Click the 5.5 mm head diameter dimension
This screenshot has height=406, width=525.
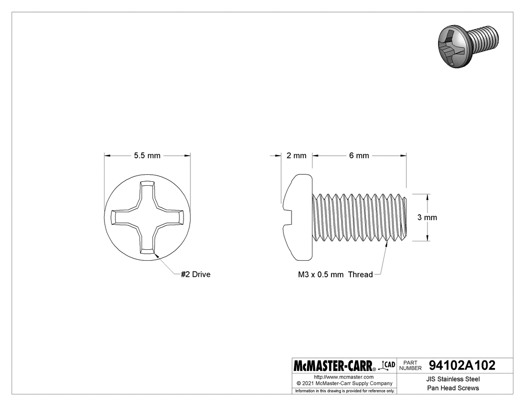147,156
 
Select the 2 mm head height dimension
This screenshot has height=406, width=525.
296,156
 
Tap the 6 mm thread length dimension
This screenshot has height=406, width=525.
359,156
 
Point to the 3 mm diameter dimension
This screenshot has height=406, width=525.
427,217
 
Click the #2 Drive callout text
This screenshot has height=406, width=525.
195,274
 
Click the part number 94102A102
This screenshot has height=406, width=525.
462,365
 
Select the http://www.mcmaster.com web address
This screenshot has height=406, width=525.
343,376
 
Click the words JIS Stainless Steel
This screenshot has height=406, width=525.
453,379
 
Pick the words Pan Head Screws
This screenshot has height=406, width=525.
453,388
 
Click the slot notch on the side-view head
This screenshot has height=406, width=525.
288,218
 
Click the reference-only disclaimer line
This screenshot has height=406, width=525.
344,390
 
